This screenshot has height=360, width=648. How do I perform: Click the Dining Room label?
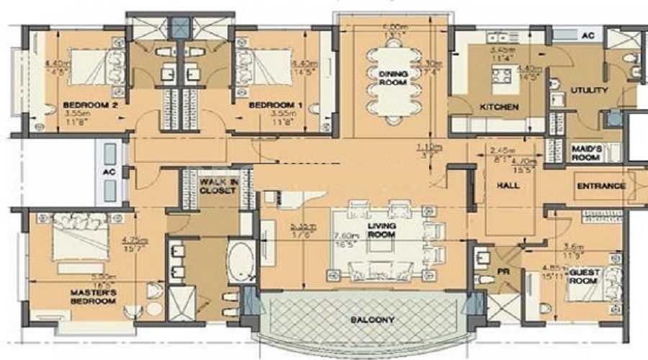click(x=392, y=78)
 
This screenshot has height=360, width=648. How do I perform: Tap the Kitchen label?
click(x=500, y=107)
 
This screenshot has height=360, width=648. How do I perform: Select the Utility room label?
click(x=590, y=91)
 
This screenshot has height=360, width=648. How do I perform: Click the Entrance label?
click(x=601, y=186)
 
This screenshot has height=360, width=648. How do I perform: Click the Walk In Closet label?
click(x=218, y=186)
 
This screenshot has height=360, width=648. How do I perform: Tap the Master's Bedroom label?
click(x=94, y=297)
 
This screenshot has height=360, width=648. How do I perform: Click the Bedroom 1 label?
click(x=274, y=105)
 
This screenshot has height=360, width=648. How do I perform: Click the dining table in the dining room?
click(x=392, y=79)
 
